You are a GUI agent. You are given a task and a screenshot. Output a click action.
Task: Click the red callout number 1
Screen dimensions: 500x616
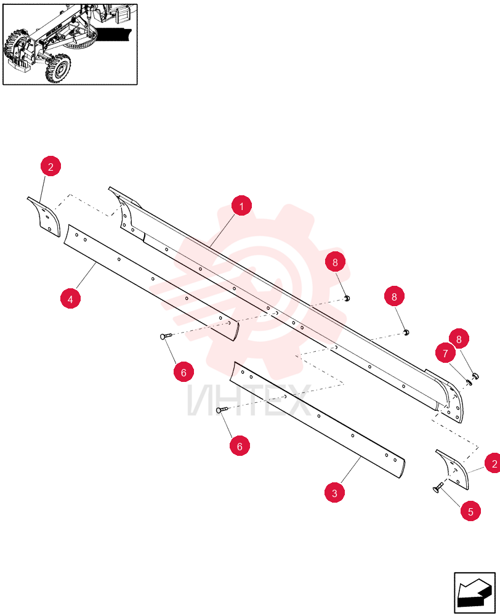(x=241, y=206)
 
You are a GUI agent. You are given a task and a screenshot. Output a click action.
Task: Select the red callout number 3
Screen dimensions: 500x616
(x=334, y=493)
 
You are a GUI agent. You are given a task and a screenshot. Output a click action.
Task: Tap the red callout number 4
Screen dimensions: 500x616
(x=70, y=299)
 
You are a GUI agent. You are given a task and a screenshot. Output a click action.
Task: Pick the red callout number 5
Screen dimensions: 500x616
(x=470, y=511)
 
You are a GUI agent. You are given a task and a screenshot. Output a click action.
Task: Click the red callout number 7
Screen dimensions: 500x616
(x=445, y=353)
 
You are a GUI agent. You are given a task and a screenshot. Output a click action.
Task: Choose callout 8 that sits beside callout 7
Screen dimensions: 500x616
(x=459, y=339)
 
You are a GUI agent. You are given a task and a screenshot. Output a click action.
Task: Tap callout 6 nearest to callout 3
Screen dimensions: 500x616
(x=240, y=446)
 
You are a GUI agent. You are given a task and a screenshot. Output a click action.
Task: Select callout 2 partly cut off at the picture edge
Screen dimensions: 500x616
(x=493, y=463)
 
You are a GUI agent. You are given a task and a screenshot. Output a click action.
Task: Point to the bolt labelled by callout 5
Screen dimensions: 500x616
(x=438, y=487)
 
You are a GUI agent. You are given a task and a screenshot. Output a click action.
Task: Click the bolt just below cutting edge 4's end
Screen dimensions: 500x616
(x=166, y=336)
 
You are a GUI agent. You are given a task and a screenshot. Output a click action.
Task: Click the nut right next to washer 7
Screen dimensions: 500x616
(x=475, y=376)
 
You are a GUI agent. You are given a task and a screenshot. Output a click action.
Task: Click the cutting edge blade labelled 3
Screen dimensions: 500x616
(x=318, y=419)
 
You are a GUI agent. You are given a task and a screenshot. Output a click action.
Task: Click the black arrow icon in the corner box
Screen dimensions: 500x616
(x=475, y=593)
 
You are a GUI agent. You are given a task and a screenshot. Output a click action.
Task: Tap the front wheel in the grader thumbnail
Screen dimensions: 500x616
(x=58, y=68)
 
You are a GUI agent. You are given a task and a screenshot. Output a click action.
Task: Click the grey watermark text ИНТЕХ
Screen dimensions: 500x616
(x=249, y=400)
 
